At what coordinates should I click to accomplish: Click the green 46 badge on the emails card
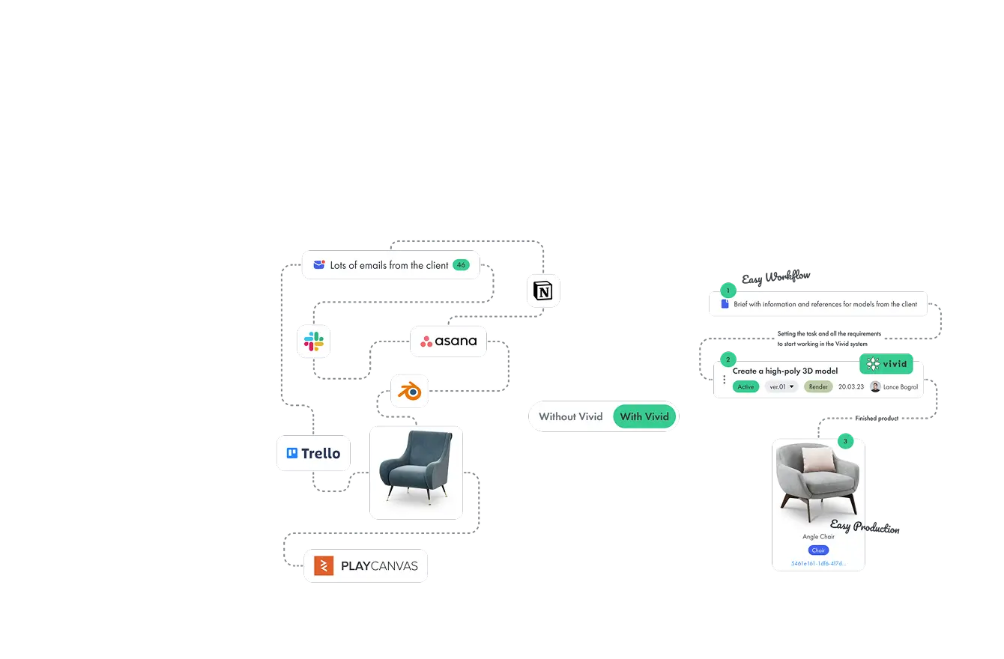[x=461, y=265]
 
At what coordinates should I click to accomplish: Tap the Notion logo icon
[x=544, y=291]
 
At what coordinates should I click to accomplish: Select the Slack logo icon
[x=313, y=341]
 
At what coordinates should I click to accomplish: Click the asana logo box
[x=448, y=341]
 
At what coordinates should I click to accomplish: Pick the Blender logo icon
[x=410, y=391]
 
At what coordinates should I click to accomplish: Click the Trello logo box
[x=313, y=453]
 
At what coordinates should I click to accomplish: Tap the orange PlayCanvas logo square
[x=324, y=565]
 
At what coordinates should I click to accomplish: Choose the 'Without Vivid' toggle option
[x=570, y=416]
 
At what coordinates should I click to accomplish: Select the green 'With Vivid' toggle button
[x=644, y=416]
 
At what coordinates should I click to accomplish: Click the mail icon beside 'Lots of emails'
[x=319, y=265]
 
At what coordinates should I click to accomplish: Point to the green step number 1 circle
[x=725, y=290]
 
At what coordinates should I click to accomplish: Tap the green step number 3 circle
[x=845, y=441]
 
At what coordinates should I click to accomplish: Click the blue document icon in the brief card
[x=725, y=304]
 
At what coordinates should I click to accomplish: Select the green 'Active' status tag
[x=745, y=387]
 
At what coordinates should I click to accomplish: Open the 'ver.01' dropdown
[x=781, y=387]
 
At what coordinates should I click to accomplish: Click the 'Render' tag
[x=818, y=387]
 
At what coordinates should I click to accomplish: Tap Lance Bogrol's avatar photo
[x=874, y=387]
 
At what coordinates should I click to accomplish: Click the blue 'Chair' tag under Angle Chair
[x=818, y=550]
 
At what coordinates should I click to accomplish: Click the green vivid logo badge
[x=886, y=364]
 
